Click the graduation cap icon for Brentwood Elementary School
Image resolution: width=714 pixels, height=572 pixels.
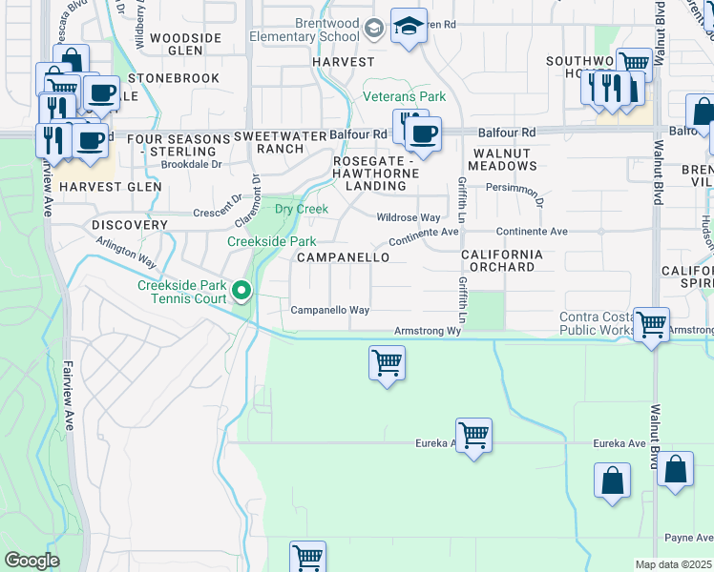[409, 27]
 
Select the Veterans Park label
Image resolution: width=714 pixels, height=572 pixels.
[404, 96]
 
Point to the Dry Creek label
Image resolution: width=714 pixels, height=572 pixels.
[302, 209]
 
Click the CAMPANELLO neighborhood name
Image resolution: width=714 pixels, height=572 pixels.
[343, 257]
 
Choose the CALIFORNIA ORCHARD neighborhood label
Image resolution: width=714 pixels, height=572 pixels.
[501, 260]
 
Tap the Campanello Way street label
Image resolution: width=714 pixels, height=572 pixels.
[329, 310]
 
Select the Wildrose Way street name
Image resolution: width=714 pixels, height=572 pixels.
[408, 217]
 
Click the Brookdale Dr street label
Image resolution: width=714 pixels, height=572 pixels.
[192, 164]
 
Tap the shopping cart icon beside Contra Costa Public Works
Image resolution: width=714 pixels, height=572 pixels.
[651, 324]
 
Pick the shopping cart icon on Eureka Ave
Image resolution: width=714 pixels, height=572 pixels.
[473, 436]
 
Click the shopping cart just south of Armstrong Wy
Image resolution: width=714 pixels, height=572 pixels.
[387, 362]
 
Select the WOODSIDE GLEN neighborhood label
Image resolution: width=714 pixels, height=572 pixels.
[185, 45]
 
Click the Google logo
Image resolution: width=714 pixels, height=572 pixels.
[32, 561]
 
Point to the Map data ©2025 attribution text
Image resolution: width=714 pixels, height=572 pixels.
[673, 564]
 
